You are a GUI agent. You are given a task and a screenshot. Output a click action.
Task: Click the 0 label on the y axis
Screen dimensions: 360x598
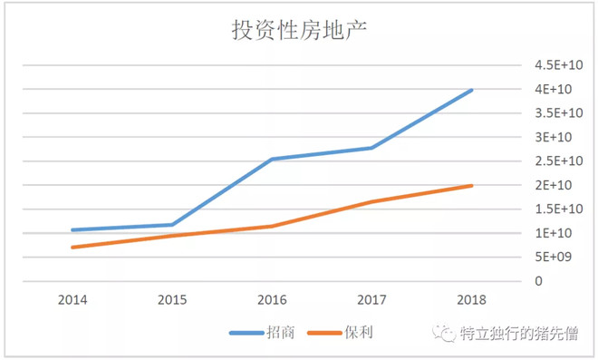coord(538,281)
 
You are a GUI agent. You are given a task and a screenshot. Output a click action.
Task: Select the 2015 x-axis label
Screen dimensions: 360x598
coord(171,297)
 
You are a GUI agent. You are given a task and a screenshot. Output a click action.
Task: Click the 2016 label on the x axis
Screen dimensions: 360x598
coord(272,297)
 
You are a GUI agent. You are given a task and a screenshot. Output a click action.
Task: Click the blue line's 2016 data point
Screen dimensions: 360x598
coord(272,159)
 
